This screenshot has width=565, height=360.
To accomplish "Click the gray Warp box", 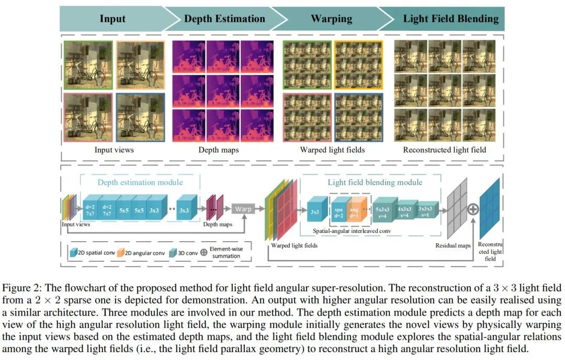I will [243, 209].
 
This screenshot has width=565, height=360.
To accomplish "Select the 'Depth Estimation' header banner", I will [224, 19].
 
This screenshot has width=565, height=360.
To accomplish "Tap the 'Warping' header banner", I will [331, 19].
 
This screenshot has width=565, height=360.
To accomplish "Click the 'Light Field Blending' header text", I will [450, 19].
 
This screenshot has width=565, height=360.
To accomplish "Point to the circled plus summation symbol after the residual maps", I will [473, 209].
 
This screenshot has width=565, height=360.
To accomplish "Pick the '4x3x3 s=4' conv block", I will [405, 210].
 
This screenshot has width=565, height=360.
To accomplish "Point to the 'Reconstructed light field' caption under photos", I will [444, 150].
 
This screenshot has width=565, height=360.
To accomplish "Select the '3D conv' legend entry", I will [184, 253].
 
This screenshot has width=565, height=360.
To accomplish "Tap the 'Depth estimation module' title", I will [140, 182].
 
